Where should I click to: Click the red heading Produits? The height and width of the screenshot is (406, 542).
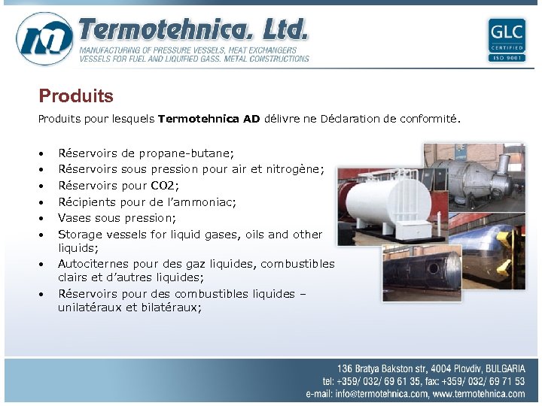tap(76, 96)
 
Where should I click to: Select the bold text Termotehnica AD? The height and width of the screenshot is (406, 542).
tap(209, 119)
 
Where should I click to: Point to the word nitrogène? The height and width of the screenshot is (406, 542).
tap(295, 169)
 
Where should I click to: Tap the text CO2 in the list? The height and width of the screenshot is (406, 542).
tap(163, 185)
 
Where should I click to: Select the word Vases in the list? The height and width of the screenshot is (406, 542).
tap(75, 218)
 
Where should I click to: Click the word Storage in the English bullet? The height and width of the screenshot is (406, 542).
tap(80, 235)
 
